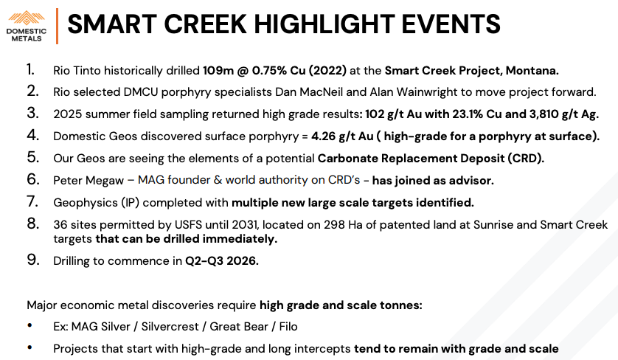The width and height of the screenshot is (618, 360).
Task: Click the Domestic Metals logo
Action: (x=27, y=26)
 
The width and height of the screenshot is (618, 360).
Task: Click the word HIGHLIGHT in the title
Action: (x=324, y=24)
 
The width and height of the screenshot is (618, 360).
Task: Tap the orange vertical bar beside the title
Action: (x=57, y=26)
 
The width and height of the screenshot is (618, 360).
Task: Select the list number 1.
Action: (x=31, y=69)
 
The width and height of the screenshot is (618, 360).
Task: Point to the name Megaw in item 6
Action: (x=105, y=181)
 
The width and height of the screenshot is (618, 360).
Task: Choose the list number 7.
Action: (x=32, y=202)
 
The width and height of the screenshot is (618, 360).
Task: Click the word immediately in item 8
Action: (x=240, y=239)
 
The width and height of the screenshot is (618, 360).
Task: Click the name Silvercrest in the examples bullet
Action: (x=170, y=327)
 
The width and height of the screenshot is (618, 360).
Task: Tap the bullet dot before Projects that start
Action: (x=29, y=348)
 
